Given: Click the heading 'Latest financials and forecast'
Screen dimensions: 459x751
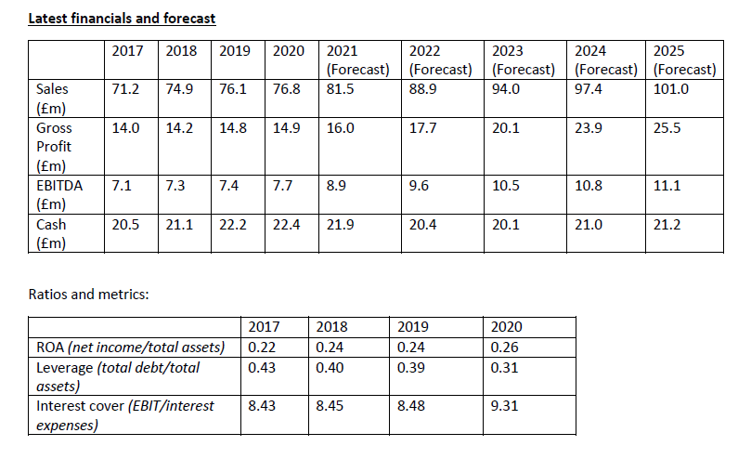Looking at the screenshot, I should (123, 17).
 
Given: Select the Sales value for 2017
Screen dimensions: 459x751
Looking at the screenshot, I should (125, 89).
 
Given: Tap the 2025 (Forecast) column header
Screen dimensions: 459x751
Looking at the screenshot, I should (684, 59).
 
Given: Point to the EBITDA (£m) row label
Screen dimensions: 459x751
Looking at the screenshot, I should (58, 194).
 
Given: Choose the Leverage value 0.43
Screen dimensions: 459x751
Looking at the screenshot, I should (263, 367).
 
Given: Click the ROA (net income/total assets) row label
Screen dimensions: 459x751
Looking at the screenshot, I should (130, 348).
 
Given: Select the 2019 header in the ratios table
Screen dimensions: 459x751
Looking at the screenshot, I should (412, 327).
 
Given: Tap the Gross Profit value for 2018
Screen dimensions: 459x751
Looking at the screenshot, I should (180, 128).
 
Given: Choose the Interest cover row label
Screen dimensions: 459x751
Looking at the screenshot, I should (124, 414).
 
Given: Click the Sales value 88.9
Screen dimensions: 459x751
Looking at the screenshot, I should (423, 89).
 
